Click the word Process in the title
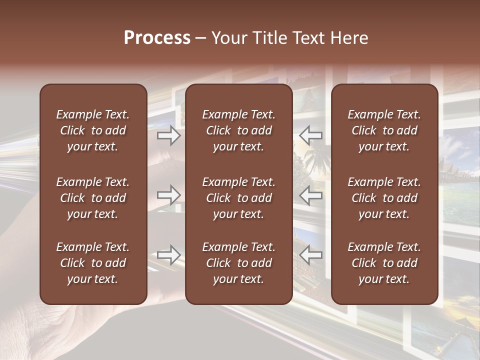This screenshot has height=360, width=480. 157,38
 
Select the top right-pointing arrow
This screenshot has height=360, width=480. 169,135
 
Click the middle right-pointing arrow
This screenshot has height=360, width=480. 169,195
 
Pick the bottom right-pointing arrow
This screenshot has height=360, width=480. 169,255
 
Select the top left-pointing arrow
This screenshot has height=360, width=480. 311,135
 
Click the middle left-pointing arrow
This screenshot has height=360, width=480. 311,195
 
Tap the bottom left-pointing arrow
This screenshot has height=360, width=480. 311,255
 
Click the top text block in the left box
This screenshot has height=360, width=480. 93,130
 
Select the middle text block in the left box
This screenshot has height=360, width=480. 93,198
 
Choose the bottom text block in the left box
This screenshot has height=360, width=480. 93,263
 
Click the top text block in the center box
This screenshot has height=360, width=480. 238,130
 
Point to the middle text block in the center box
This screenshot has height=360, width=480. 238,198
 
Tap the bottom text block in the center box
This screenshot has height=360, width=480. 238,263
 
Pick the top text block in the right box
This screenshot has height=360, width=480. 384,130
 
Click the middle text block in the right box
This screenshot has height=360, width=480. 384,198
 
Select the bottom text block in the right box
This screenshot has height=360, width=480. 384,263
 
